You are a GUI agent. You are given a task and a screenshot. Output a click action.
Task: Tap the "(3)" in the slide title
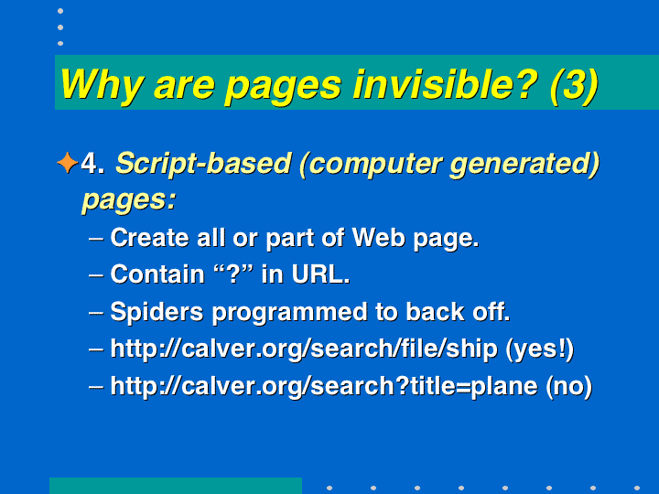click(x=574, y=86)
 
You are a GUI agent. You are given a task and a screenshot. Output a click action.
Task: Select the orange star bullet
click(x=67, y=163)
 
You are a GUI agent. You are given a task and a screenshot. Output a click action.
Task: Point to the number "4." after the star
click(x=92, y=163)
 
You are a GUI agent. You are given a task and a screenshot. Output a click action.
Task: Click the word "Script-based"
click(x=203, y=164)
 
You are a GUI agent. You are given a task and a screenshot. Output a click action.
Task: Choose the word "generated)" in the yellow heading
click(x=524, y=165)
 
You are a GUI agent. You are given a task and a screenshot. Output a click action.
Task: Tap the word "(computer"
click(x=371, y=165)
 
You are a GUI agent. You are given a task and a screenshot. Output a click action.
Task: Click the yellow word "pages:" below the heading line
click(x=129, y=200)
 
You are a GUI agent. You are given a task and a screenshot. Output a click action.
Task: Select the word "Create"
click(x=149, y=238)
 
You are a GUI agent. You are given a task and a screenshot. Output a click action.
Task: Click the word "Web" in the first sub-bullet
click(x=379, y=238)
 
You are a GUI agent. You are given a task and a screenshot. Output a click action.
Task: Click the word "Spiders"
click(x=157, y=313)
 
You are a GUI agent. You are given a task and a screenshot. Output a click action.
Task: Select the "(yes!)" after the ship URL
click(x=540, y=349)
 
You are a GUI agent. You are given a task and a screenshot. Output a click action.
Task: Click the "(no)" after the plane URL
click(x=568, y=386)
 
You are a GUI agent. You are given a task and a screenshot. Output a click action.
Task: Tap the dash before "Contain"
click(x=96, y=275)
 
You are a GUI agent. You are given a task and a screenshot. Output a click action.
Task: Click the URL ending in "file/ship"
click(x=304, y=349)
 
